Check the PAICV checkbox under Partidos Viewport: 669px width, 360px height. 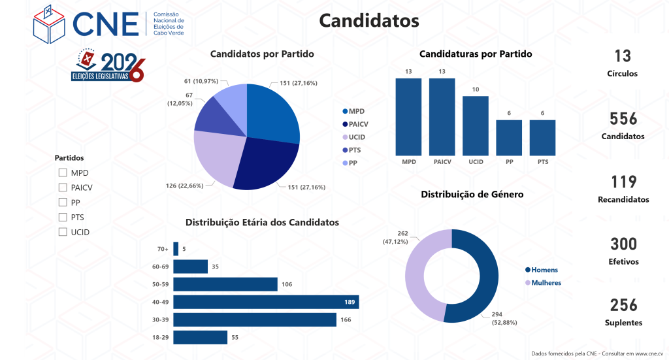[63, 188]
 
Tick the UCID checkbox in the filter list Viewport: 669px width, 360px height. [63, 232]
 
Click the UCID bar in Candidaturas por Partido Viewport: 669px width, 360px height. [476, 125]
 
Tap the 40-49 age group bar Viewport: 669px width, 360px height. [266, 302]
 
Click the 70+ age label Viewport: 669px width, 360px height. [163, 249]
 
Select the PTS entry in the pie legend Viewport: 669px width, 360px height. [355, 150]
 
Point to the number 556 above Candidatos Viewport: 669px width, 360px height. [623, 119]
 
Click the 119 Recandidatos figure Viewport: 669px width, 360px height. [623, 182]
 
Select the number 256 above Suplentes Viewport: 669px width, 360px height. [623, 305]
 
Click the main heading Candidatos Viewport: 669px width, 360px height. [368, 21]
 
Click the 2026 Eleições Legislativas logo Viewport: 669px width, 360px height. [108, 66]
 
